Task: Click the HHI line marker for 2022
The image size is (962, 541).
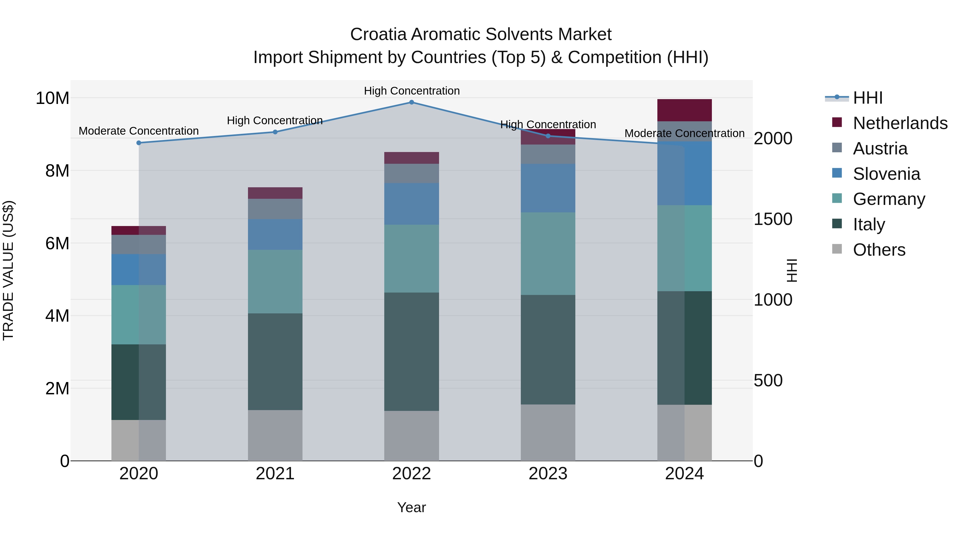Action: click(412, 102)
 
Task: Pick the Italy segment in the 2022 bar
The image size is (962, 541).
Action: click(412, 351)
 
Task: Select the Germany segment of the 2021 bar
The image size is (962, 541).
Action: click(275, 282)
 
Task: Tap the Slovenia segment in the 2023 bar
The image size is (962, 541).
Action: click(548, 188)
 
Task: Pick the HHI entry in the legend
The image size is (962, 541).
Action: click(867, 98)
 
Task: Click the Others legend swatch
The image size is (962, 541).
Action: click(837, 249)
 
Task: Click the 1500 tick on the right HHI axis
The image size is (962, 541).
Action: click(773, 219)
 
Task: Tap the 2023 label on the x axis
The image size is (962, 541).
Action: click(548, 474)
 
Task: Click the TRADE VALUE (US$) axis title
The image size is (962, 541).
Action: click(8, 270)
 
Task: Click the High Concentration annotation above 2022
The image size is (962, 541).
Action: click(412, 91)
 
